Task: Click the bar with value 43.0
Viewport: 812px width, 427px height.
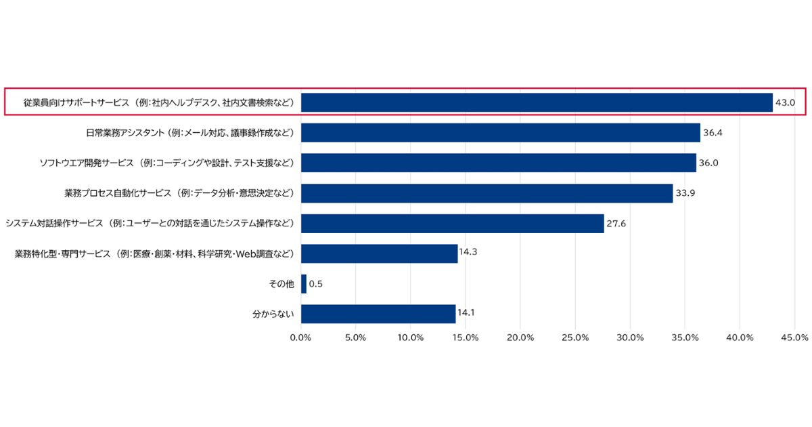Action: [537, 102]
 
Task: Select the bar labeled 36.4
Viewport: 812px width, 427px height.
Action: [501, 133]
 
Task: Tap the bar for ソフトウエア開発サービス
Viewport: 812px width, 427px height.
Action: [499, 163]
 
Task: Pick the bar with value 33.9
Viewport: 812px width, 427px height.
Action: [487, 193]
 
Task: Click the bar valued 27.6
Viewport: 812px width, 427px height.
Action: [452, 224]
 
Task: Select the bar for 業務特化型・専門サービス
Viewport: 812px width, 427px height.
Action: [379, 253]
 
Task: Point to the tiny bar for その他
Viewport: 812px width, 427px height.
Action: [304, 284]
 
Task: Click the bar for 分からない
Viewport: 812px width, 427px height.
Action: [378, 314]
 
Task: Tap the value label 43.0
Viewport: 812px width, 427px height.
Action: [786, 103]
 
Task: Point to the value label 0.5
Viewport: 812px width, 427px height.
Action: [315, 284]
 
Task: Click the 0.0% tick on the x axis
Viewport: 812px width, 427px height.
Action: [300, 337]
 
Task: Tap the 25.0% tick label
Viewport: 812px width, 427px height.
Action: [575, 337]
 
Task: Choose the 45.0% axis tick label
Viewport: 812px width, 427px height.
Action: [794, 337]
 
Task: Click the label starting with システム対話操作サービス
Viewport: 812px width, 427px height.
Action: [150, 224]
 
